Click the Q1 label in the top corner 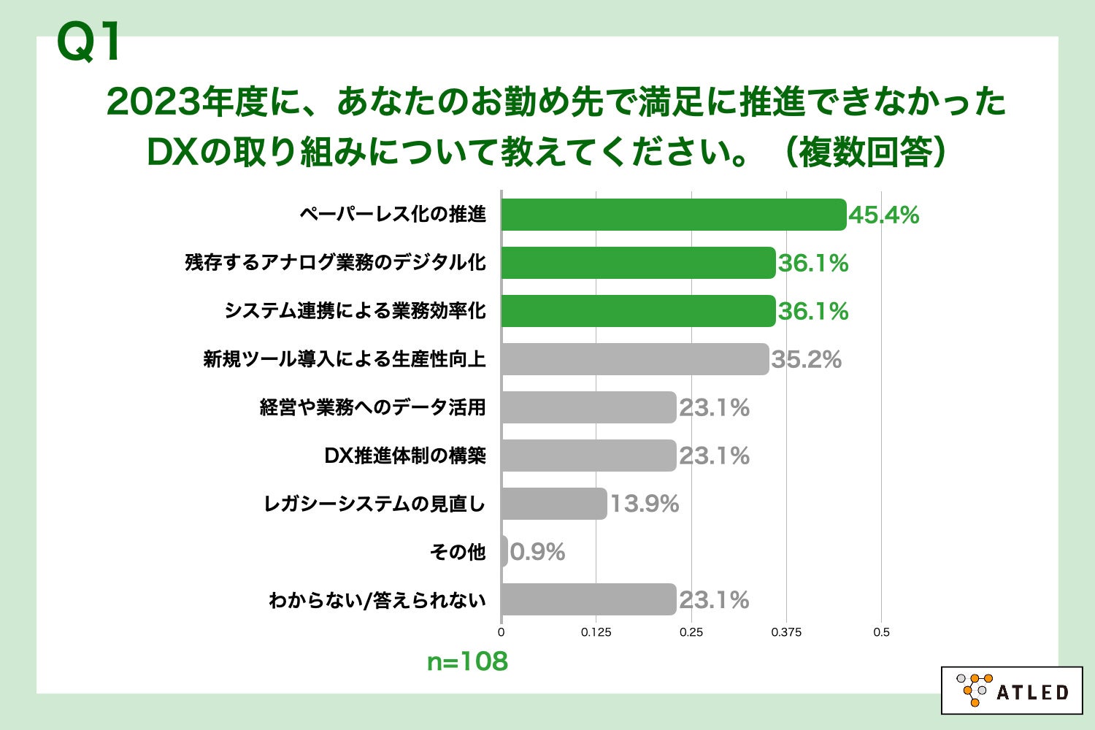click(x=90, y=42)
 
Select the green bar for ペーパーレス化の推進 click(x=673, y=215)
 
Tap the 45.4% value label click(x=883, y=215)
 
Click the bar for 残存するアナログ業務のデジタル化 click(x=638, y=263)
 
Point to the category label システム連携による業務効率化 click(x=355, y=311)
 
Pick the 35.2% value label click(x=806, y=359)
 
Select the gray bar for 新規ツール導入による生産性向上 click(x=634, y=359)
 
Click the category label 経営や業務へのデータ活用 click(x=372, y=407)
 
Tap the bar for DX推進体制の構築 click(x=588, y=456)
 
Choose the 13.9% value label click(x=644, y=504)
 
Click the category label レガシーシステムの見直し click(x=374, y=504)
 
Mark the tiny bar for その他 click(x=504, y=552)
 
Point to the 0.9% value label click(x=537, y=552)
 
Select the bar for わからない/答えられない click(x=588, y=599)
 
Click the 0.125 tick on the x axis click(x=596, y=632)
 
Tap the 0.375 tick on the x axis click(x=786, y=632)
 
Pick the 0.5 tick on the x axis click(x=881, y=632)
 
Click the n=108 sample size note click(x=467, y=661)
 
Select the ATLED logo click(x=1012, y=690)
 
